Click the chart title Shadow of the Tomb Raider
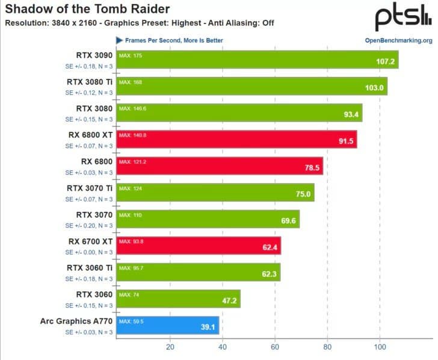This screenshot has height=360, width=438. (x=87, y=9)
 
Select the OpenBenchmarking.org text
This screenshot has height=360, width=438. (x=398, y=40)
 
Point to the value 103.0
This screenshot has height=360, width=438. (x=374, y=88)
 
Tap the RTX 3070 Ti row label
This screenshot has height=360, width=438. (x=90, y=188)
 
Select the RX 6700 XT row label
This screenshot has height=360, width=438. (x=90, y=241)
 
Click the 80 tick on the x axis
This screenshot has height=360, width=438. (x=327, y=347)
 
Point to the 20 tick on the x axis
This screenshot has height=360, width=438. (x=170, y=347)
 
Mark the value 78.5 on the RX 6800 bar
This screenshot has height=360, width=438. (x=311, y=168)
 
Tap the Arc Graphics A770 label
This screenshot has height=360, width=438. (x=76, y=321)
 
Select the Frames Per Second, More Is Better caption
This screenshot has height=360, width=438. (x=173, y=40)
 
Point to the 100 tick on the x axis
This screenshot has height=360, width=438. (x=380, y=347)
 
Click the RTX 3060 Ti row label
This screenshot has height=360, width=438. (x=90, y=267)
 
